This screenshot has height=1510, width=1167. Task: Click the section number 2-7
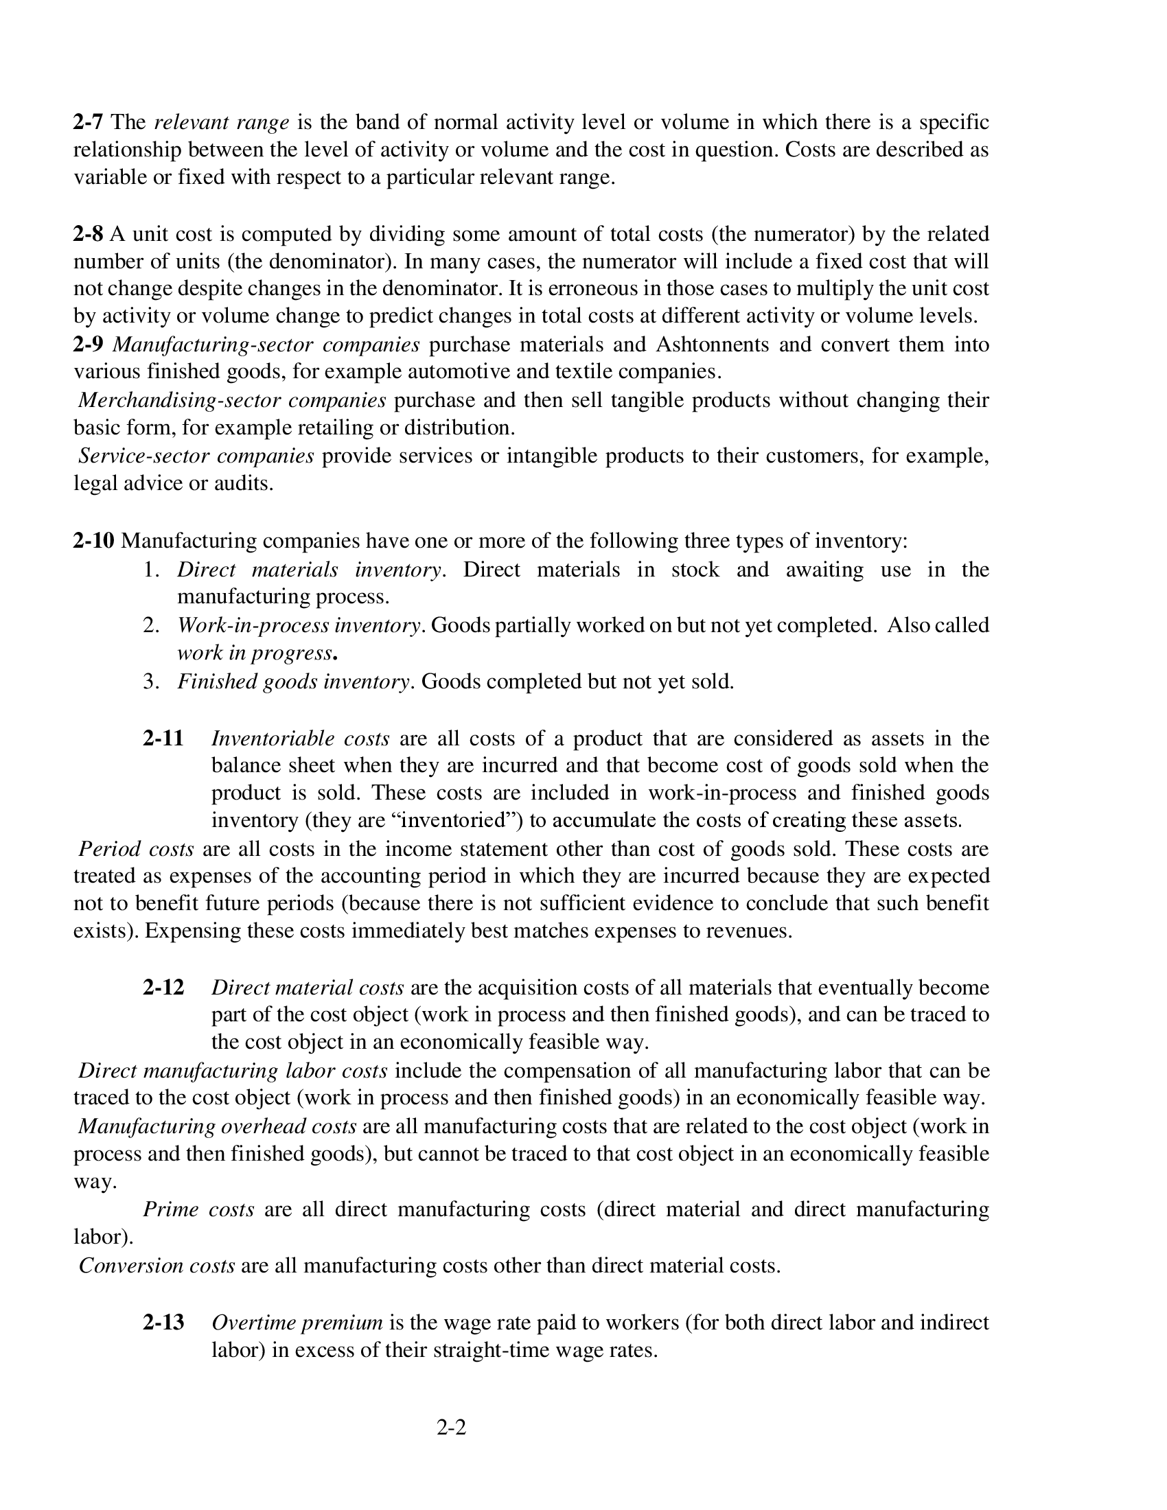tap(88, 123)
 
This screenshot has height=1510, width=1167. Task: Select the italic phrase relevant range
tap(221, 123)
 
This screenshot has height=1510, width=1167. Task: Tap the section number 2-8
tap(88, 234)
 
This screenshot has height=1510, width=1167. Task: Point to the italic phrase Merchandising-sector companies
tap(231, 400)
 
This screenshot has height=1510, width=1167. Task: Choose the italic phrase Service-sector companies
tap(196, 456)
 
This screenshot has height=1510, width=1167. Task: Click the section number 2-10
tap(93, 541)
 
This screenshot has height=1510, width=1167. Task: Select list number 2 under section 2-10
tap(151, 626)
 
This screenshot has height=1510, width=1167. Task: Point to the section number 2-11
tap(163, 739)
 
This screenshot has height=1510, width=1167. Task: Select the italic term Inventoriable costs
tap(301, 739)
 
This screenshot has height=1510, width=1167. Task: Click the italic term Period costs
tap(136, 849)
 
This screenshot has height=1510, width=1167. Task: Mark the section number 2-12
tap(163, 987)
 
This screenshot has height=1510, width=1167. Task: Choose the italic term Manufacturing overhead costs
tap(218, 1126)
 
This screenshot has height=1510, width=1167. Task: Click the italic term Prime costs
tap(198, 1209)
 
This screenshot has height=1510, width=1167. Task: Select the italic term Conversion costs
tap(157, 1266)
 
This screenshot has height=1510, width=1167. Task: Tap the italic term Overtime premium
tap(297, 1323)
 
